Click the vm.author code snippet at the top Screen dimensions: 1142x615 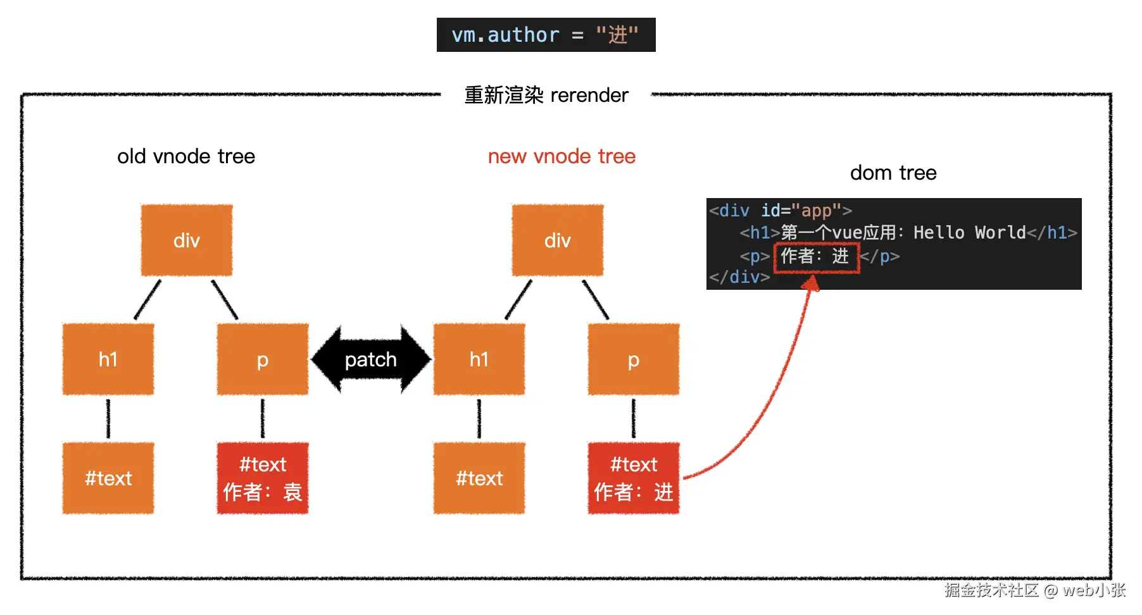pos(546,35)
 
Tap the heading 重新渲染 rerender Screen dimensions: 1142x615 pos(546,95)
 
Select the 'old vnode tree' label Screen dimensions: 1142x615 pos(186,156)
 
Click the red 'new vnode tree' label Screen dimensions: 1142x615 pos(562,156)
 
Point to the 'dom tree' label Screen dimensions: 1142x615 pos(893,173)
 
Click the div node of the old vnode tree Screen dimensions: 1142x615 pos(187,240)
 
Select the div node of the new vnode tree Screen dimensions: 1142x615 pos(558,240)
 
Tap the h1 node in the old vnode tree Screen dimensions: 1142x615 pos(108,359)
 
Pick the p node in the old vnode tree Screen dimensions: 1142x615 pos(263,359)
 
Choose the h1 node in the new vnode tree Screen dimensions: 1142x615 pos(479,359)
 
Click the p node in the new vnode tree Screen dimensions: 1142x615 pos(634,359)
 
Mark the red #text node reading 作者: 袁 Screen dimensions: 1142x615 pos(263,478)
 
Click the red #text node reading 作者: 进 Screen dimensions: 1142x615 pos(634,478)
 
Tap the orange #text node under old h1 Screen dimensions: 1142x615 pos(108,478)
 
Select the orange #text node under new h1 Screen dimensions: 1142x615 pos(479,478)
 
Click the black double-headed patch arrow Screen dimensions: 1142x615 pos(371,359)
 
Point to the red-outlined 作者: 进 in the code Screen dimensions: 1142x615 pos(817,258)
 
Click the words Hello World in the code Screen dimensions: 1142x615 pos(970,233)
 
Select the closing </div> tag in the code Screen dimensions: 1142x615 pos(739,277)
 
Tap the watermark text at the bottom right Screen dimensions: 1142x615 pos(1035,590)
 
